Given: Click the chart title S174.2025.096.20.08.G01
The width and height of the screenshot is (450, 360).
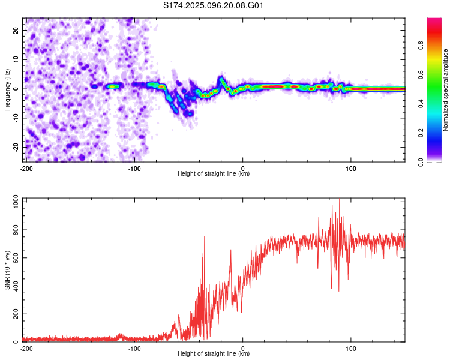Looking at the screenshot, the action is click(x=213, y=5).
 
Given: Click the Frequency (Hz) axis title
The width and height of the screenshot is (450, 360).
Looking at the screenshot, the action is click(x=7, y=90).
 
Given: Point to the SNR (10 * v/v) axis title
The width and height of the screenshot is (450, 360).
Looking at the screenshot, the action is click(x=7, y=270).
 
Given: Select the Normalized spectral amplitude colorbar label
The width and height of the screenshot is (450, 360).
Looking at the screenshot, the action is click(x=445, y=90).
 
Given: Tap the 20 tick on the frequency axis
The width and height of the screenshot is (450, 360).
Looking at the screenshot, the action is click(x=16, y=31).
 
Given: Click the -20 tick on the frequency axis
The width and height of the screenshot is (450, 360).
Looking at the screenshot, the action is click(x=16, y=147).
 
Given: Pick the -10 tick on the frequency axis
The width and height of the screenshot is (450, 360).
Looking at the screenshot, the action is click(x=16, y=118).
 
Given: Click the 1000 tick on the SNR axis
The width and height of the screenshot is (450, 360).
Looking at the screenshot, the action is click(x=16, y=202).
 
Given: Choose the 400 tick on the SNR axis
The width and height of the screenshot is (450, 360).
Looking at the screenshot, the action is click(x=16, y=286).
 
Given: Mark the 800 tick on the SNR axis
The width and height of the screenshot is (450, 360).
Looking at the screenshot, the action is click(x=16, y=230).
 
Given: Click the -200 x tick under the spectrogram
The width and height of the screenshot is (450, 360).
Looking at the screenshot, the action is click(x=26, y=169).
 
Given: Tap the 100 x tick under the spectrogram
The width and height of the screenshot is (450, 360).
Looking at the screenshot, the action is click(x=351, y=169).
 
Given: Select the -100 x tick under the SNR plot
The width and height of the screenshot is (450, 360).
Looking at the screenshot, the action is click(x=134, y=349).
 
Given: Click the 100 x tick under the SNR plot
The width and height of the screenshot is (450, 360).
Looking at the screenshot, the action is click(x=351, y=349).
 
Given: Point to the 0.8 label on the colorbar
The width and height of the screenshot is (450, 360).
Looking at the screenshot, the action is click(x=421, y=45).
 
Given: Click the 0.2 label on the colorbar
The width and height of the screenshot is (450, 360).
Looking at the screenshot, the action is click(x=421, y=133).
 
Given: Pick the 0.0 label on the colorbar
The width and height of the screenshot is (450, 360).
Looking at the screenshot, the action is click(x=421, y=162).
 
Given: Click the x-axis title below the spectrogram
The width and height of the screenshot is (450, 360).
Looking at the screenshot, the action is click(x=214, y=173).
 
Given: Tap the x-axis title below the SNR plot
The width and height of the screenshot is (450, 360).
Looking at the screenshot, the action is click(x=214, y=353).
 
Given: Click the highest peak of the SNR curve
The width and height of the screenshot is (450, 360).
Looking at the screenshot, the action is click(x=340, y=199).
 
